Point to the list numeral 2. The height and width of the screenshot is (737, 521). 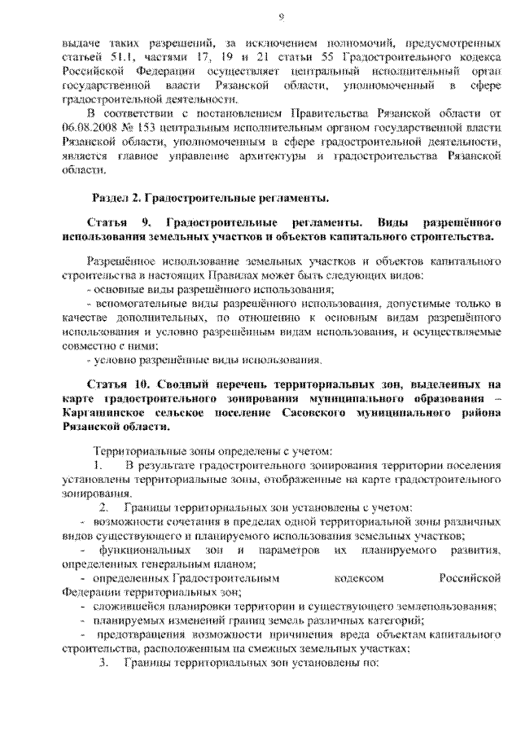(104, 507)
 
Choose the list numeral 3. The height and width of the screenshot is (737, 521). (103, 662)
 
